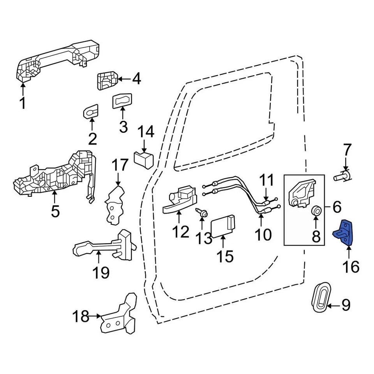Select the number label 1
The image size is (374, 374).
pyautogui.click(x=22, y=104)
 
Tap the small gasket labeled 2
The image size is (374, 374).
pyautogui.click(x=92, y=112)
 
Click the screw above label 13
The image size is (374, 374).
pyautogui.click(x=203, y=212)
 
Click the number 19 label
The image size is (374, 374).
pyautogui.click(x=101, y=272)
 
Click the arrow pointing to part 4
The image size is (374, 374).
pyautogui.click(x=124, y=79)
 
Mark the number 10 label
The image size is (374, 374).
pyautogui.click(x=262, y=234)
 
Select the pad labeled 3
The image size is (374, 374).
pyautogui.click(x=123, y=102)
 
